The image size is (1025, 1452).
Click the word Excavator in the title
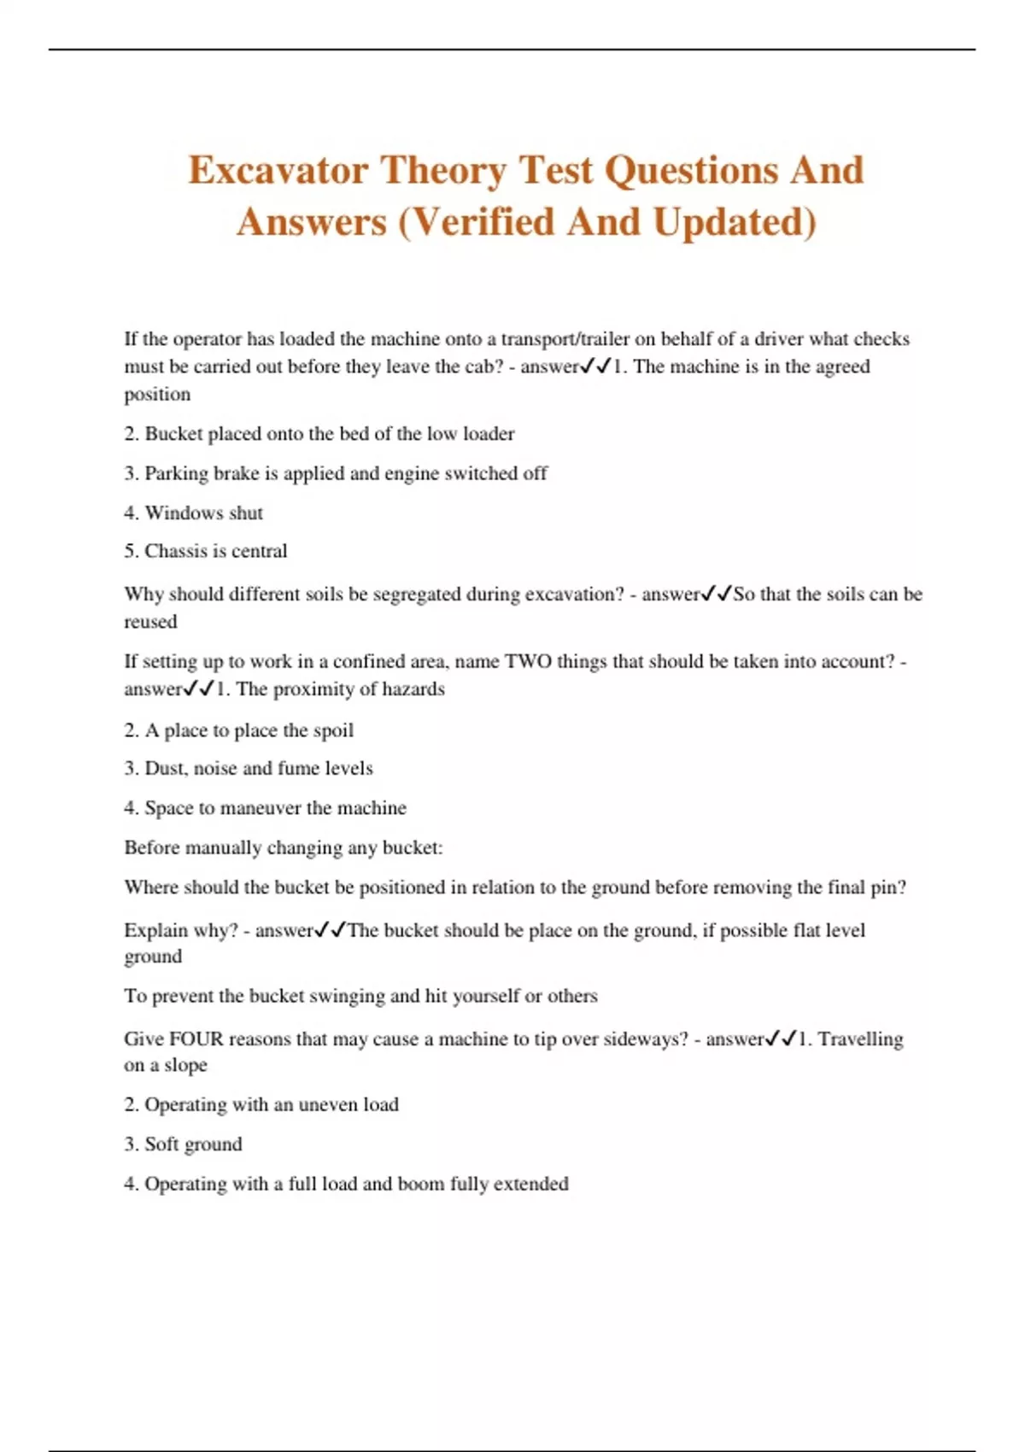coord(278,170)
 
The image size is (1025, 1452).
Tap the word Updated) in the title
coord(735,222)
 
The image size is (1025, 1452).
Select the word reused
coord(150,622)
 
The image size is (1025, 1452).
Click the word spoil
coord(332,730)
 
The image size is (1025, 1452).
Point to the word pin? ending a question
coord(888,887)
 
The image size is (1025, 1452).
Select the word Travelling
coord(860,1039)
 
